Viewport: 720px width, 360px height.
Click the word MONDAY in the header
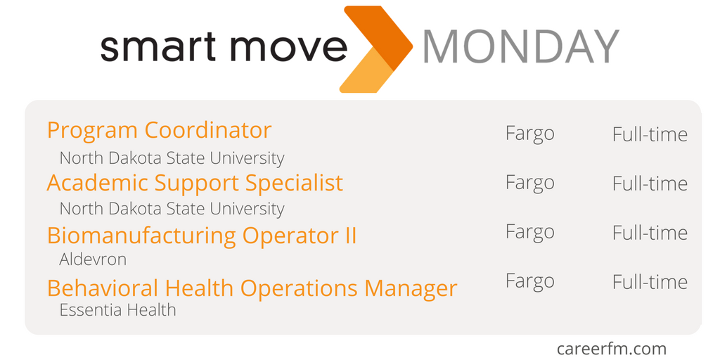click(x=520, y=46)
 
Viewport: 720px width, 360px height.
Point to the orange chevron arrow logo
click(x=376, y=49)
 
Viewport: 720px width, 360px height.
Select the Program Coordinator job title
click(x=159, y=130)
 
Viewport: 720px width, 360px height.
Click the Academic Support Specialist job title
click(x=195, y=183)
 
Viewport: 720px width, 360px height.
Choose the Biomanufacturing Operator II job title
click(x=202, y=236)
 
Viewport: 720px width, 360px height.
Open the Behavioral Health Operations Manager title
click(x=252, y=288)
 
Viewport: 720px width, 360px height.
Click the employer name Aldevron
click(x=93, y=259)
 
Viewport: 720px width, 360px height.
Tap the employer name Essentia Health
click(x=117, y=310)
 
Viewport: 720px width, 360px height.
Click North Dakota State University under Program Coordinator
click(x=172, y=158)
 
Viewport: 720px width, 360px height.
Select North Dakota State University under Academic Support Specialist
click(x=172, y=209)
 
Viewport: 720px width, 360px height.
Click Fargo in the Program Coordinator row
click(x=529, y=134)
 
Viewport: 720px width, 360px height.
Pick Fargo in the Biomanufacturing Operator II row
click(x=529, y=232)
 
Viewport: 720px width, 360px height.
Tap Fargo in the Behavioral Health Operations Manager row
click(x=529, y=281)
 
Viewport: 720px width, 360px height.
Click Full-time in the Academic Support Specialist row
click(x=650, y=184)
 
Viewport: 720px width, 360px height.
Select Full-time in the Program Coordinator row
click(x=650, y=134)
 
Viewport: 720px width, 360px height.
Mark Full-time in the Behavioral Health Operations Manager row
click(x=650, y=282)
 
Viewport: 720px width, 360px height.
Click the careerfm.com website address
click(x=611, y=349)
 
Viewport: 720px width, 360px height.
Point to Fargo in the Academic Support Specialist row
click(x=529, y=183)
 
